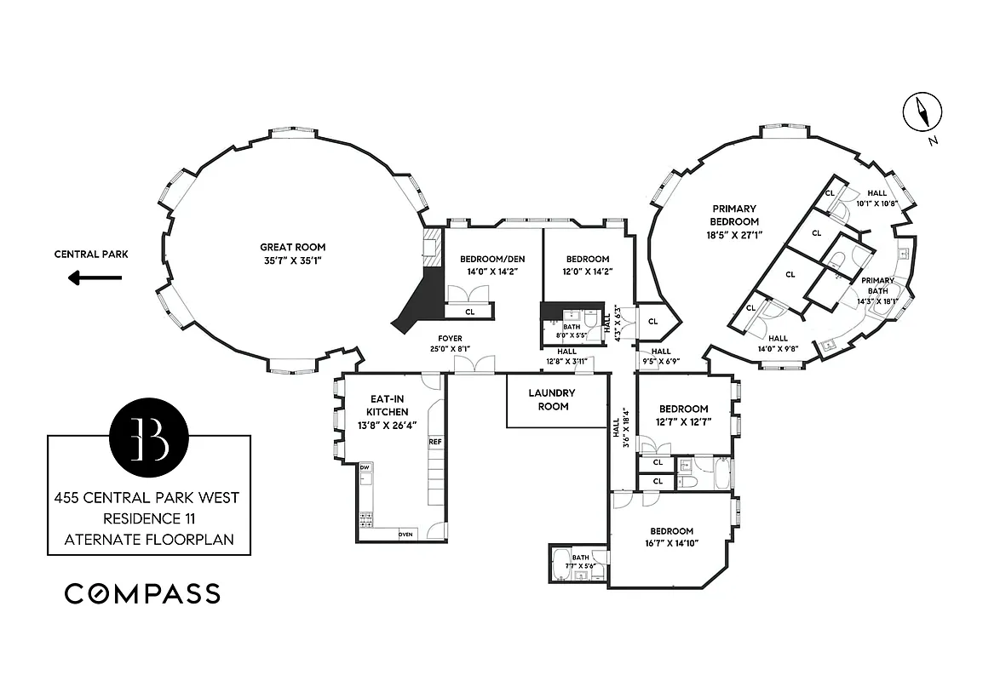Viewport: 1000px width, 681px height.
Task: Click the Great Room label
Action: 281,248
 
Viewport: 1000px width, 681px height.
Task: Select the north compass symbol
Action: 922,113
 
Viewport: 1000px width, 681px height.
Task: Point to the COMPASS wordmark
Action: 142,593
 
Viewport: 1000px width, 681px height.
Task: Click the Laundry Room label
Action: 551,400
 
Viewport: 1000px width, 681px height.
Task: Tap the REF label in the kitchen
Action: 434,442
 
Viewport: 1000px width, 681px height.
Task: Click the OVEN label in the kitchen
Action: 406,534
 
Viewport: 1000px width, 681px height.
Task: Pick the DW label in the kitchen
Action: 365,467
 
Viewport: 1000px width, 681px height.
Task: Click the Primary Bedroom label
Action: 734,215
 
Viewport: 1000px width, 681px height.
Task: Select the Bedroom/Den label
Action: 489,259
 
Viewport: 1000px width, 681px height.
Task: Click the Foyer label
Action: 450,339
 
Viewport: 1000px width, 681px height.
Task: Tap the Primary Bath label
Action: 877,285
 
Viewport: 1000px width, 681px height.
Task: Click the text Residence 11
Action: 148,518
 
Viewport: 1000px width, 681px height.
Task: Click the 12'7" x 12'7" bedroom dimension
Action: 682,421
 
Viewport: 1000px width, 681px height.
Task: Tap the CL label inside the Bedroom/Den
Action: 469,312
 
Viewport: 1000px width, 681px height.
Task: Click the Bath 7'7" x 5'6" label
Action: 581,562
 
